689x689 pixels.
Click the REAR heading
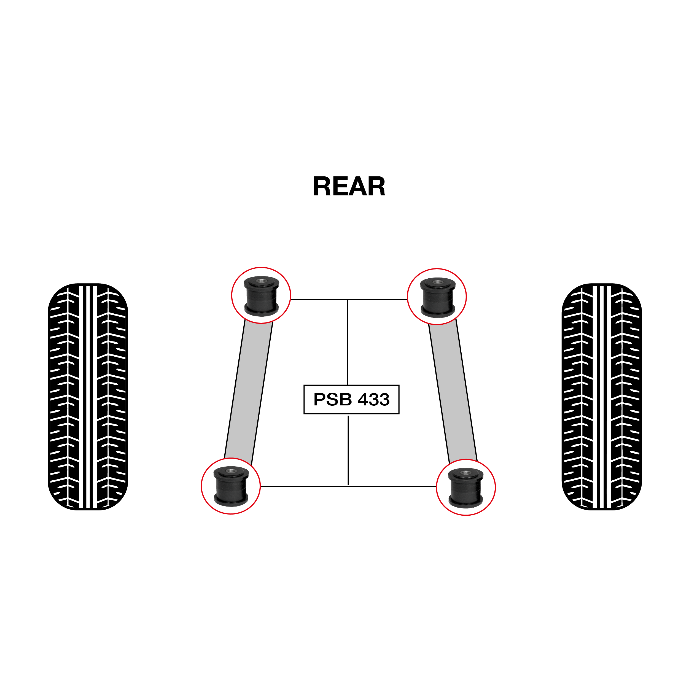349,187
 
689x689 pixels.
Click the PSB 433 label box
351,399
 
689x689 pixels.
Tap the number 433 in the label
373,399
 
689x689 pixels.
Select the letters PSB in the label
332,399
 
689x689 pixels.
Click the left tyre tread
88,397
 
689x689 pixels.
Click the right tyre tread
601,397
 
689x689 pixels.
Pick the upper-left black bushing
261,296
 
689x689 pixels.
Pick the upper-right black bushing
438,297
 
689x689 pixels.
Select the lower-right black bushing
465,488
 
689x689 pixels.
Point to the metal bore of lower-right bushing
465,473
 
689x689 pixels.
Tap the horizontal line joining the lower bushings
348,486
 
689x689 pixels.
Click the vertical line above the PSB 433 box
348,342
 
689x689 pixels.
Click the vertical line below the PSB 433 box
348,450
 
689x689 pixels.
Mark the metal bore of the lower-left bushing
231,471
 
